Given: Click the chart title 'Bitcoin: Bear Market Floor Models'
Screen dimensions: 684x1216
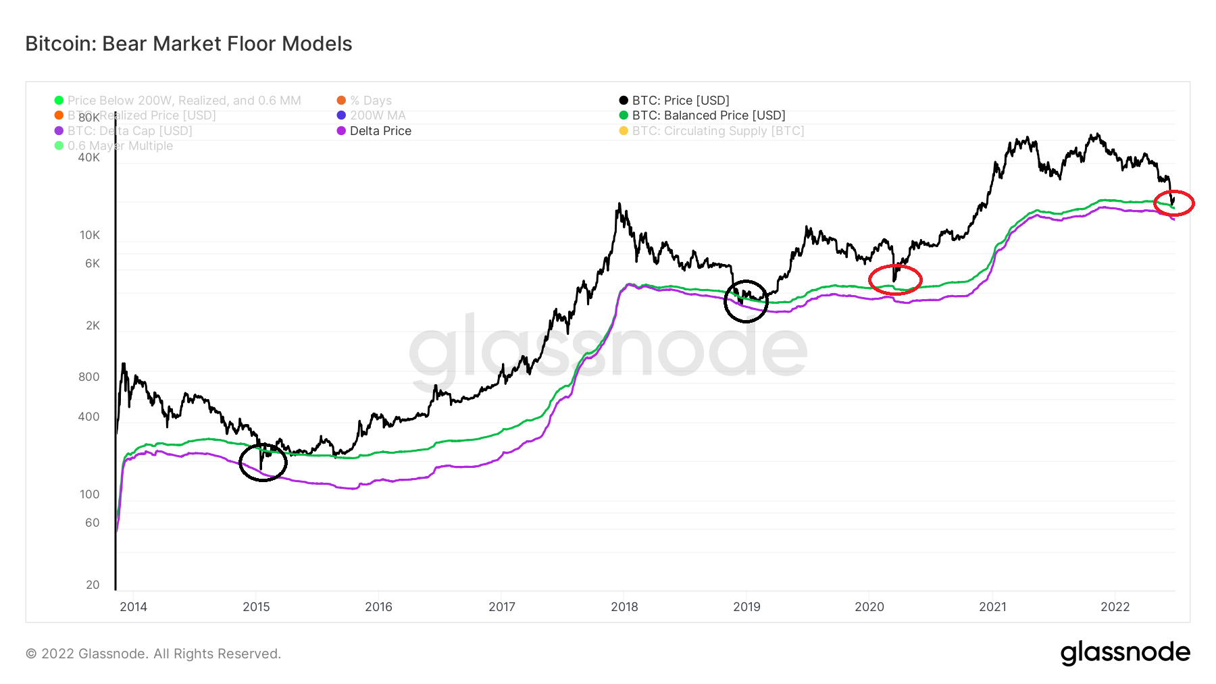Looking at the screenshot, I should click(188, 44).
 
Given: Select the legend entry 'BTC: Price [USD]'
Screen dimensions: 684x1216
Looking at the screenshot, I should click(680, 101).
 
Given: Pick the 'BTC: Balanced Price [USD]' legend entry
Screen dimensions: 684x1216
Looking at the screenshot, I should click(708, 115).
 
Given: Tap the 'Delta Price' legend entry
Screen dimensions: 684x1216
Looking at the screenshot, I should click(380, 131).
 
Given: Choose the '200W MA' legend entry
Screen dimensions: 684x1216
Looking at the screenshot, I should click(377, 115).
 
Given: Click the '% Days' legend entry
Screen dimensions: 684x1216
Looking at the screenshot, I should click(370, 101).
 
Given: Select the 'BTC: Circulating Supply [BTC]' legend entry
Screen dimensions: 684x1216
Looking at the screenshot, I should click(717, 131).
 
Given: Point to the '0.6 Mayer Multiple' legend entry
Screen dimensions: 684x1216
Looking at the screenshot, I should click(120, 146).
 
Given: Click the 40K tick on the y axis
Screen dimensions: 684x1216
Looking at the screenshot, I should click(89, 157).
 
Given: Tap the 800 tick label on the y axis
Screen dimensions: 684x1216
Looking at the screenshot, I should click(89, 377).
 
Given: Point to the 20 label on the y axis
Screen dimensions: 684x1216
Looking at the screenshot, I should click(93, 585).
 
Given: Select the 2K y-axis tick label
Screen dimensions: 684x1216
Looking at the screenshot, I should click(93, 325).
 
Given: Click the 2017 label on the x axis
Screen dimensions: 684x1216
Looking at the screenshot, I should click(502, 606).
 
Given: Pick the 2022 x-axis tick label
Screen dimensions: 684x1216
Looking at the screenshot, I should click(1115, 606).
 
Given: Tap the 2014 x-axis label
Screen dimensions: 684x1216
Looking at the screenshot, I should click(133, 606).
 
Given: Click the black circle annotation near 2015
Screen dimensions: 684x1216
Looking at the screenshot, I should click(263, 463).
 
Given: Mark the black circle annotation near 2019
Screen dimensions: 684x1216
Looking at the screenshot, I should click(746, 301).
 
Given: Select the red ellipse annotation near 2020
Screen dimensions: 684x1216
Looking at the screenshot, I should click(894, 280).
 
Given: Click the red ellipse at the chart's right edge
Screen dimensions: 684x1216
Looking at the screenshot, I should click(1174, 203).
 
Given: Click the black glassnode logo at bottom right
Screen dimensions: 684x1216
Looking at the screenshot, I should click(1125, 653).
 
